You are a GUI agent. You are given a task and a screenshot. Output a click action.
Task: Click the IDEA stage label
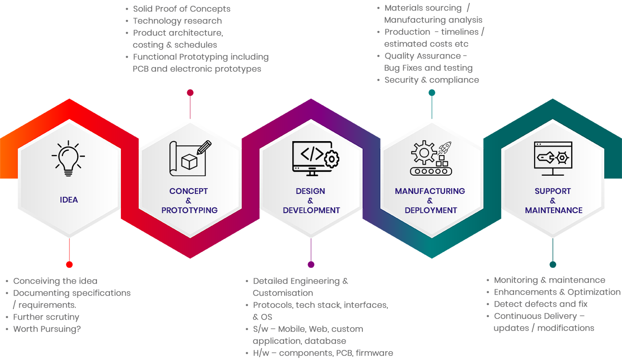69,200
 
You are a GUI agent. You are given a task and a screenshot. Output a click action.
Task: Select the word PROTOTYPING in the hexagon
190,210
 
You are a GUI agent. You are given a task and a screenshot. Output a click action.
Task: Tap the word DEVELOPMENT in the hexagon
311,210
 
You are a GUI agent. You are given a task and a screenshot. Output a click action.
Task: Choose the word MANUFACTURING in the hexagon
430,191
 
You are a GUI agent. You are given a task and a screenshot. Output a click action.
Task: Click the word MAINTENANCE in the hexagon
553,210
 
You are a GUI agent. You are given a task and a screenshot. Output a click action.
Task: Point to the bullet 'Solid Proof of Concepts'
181,9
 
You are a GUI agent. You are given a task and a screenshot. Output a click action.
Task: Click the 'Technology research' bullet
177,21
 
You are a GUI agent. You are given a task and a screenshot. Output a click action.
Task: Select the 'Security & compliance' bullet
431,80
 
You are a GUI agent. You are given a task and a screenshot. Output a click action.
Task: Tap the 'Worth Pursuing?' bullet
47,329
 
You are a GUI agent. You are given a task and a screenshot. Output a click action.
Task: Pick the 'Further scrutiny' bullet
46,317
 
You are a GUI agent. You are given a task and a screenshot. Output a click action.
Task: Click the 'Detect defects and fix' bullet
540,304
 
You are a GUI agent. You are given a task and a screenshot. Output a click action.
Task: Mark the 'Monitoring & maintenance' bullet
550,280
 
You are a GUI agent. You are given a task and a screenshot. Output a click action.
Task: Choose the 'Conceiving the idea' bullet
55,281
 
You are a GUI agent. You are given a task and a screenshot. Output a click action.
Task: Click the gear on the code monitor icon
332,158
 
